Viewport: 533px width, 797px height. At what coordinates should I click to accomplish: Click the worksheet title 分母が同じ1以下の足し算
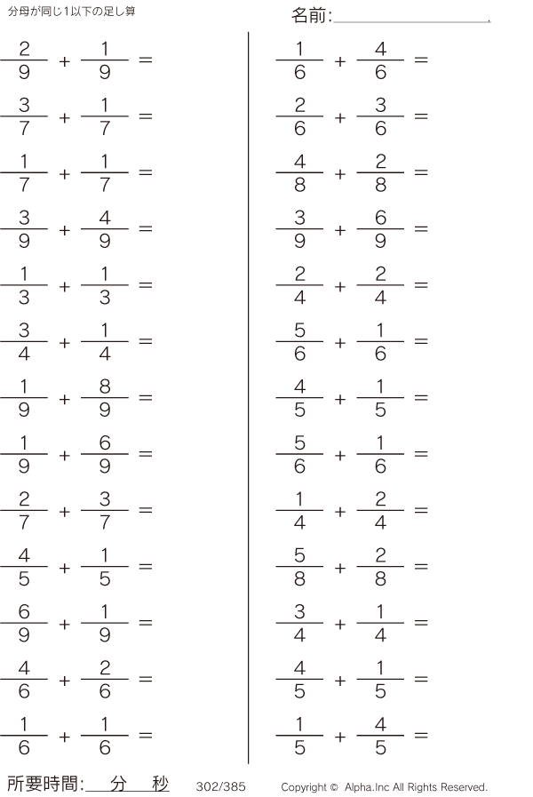[x=72, y=12]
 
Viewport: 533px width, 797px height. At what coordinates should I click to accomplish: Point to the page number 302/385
[x=220, y=786]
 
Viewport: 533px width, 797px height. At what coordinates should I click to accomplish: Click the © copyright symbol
[x=334, y=787]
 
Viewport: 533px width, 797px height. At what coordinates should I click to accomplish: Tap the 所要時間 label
[x=43, y=784]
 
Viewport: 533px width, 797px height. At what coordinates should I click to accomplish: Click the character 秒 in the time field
[x=160, y=784]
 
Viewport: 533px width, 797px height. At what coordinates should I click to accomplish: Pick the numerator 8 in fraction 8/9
[x=105, y=387]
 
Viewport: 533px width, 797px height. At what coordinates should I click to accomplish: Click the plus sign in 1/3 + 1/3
[x=65, y=287]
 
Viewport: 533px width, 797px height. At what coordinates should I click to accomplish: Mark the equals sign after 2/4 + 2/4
[x=421, y=285]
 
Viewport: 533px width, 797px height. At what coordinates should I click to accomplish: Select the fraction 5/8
[x=299, y=567]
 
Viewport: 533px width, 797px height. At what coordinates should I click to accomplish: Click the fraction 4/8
[x=299, y=173]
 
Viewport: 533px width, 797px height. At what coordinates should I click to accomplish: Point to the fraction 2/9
[x=24, y=60]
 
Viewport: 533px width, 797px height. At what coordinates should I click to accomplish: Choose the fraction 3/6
[x=380, y=116]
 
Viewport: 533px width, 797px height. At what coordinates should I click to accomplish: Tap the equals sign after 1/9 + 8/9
[x=146, y=397]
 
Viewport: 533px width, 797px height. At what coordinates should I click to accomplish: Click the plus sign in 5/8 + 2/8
[x=340, y=568]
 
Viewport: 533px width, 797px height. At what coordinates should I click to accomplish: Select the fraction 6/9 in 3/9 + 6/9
[x=380, y=229]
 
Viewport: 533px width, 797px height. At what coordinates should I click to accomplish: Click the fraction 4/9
[x=105, y=229]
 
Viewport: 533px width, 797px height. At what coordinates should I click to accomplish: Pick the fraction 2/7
[x=24, y=510]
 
